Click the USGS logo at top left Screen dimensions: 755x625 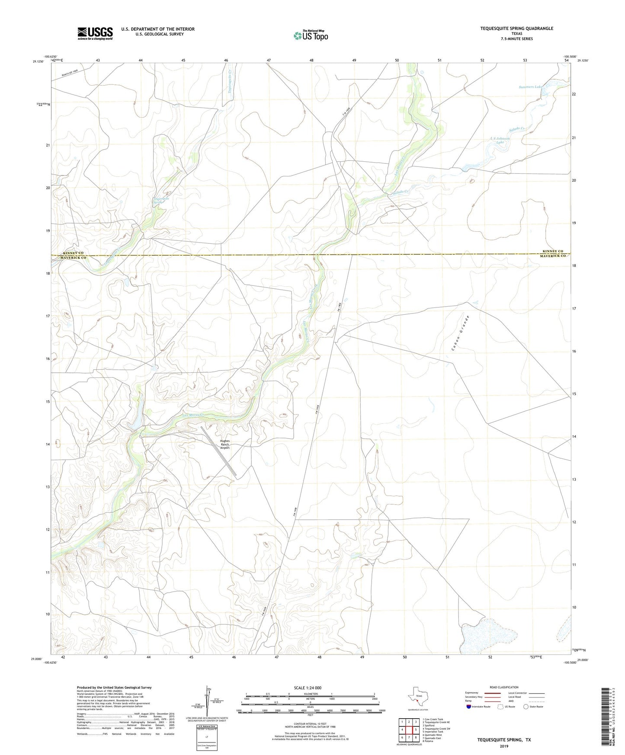point(95,33)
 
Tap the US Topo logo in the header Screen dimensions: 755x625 point(310,35)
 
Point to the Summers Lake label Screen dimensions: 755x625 point(530,87)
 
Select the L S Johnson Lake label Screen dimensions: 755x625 point(500,140)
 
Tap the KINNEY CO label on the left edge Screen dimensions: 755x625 point(73,253)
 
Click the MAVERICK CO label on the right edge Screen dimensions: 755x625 point(553,256)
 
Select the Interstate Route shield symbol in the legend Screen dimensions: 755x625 point(469,707)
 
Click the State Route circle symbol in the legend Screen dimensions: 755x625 point(526,707)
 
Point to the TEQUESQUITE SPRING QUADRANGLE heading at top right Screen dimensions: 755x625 point(516,29)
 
